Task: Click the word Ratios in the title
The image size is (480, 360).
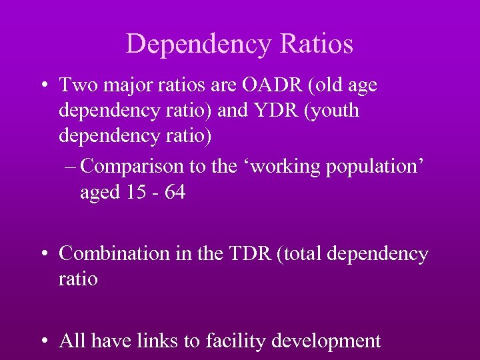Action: (x=317, y=44)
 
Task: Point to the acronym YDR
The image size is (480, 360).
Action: (x=273, y=110)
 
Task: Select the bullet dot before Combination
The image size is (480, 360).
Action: (x=44, y=255)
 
